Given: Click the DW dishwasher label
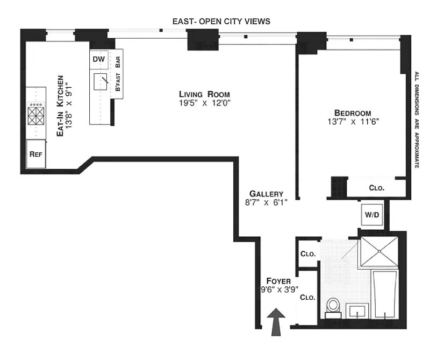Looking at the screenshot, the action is (x=98, y=60).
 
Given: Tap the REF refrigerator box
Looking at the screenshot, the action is (x=36, y=154).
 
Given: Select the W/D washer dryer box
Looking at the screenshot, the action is (x=372, y=215).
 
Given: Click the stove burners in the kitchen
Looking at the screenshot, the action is (x=36, y=114).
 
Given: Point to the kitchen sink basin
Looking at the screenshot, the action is (x=101, y=82).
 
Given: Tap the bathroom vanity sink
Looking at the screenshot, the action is (x=357, y=310).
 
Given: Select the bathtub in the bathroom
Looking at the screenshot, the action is (x=385, y=294).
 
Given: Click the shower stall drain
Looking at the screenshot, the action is (x=379, y=251).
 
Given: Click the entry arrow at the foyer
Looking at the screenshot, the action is (x=276, y=322).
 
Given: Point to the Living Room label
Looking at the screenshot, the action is (x=204, y=94).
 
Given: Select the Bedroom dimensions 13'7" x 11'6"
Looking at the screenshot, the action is (x=353, y=122).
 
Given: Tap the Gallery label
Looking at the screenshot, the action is (x=266, y=194).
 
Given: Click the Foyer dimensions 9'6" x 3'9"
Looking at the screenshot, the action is (x=279, y=290).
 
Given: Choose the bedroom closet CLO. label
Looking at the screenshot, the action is (x=377, y=188).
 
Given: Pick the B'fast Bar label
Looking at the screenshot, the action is (x=118, y=74).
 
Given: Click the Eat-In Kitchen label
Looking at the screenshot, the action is (x=60, y=105).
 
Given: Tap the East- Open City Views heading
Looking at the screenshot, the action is (x=221, y=22).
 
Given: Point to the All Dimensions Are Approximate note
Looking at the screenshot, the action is (x=416, y=119).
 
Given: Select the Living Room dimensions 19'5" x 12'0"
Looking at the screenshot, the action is (x=205, y=103).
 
